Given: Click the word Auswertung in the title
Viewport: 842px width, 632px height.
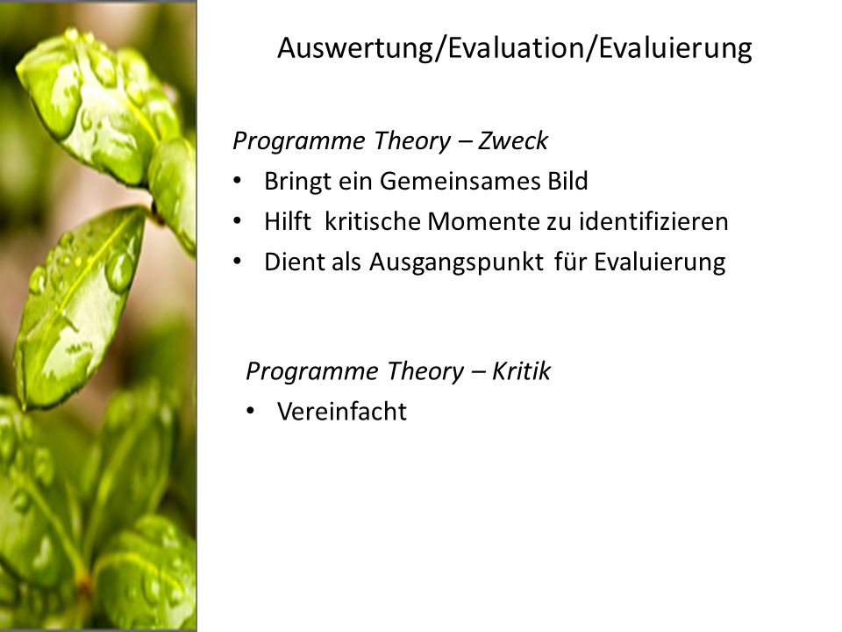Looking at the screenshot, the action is click(x=355, y=48).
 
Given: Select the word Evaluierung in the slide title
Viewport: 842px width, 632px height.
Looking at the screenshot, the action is click(x=675, y=48).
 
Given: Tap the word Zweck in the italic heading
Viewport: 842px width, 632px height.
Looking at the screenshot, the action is click(x=513, y=140).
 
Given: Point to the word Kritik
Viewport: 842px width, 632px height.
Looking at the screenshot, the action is click(x=521, y=370).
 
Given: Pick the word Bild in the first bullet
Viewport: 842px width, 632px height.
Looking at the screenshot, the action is click(x=567, y=181).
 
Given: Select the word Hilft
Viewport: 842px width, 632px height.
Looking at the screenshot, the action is click(x=288, y=221).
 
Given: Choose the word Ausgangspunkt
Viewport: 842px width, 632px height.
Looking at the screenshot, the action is click(x=456, y=262).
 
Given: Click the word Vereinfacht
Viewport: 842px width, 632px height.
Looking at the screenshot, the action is click(x=342, y=412).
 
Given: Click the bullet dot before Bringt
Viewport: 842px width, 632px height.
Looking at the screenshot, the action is click(x=238, y=181).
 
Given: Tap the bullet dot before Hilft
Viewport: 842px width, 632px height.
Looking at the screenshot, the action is click(x=238, y=221).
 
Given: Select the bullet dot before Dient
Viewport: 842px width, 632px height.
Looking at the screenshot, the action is click(x=238, y=262).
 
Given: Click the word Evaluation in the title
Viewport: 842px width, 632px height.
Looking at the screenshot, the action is click(x=516, y=48).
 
